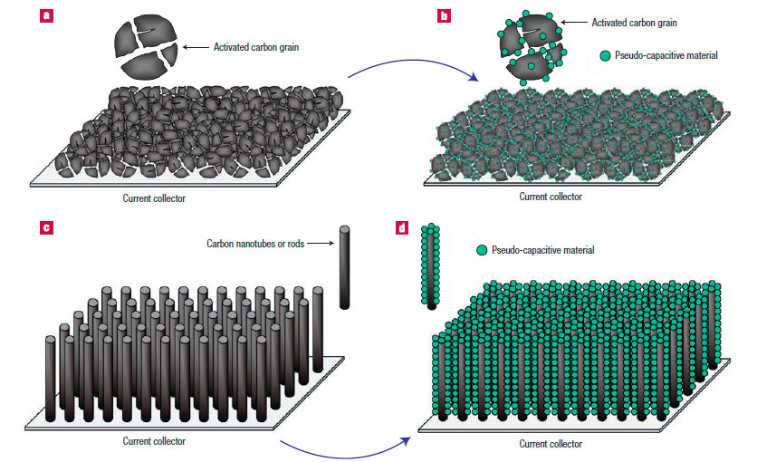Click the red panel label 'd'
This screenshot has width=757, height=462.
click(x=402, y=227)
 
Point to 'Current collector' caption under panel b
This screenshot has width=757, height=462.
click(x=550, y=196)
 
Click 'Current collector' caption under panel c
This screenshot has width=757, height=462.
click(x=153, y=441)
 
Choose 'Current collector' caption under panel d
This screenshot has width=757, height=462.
click(x=550, y=444)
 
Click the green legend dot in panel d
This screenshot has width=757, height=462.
click(x=482, y=250)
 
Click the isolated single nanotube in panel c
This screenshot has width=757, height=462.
click(x=344, y=267)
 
